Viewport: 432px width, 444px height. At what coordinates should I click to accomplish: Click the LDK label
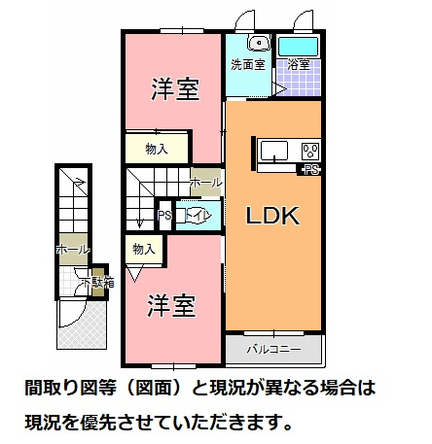pyautogui.click(x=270, y=215)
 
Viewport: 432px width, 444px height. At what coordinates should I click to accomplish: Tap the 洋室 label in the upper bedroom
pyautogui.click(x=175, y=90)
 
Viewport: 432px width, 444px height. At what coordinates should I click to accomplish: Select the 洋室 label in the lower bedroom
pyautogui.click(x=172, y=306)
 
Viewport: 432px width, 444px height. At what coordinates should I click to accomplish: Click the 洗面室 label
pyautogui.click(x=247, y=66)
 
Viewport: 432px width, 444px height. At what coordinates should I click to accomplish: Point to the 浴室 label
pyautogui.click(x=299, y=66)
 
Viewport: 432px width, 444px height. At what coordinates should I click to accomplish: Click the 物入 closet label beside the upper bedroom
pyautogui.click(x=156, y=149)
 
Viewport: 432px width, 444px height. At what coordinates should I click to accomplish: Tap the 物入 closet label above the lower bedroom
pyautogui.click(x=143, y=250)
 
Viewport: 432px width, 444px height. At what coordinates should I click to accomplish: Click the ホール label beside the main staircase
pyautogui.click(x=205, y=183)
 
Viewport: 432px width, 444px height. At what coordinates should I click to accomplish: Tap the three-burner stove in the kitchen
pyautogui.click(x=310, y=151)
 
